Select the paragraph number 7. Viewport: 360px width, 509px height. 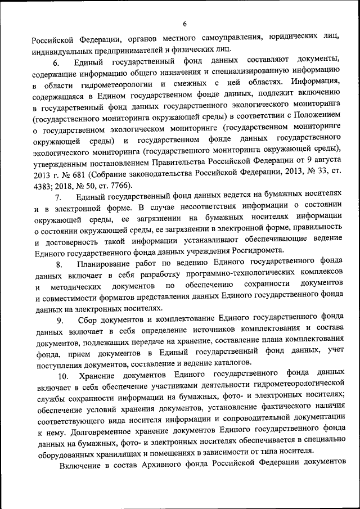[x=58, y=197]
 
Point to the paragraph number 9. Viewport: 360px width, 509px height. [x=58, y=320]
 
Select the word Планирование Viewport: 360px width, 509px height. [x=105, y=264]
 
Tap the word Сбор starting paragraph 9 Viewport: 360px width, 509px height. [x=88, y=320]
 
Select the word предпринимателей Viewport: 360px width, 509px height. [x=119, y=49]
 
